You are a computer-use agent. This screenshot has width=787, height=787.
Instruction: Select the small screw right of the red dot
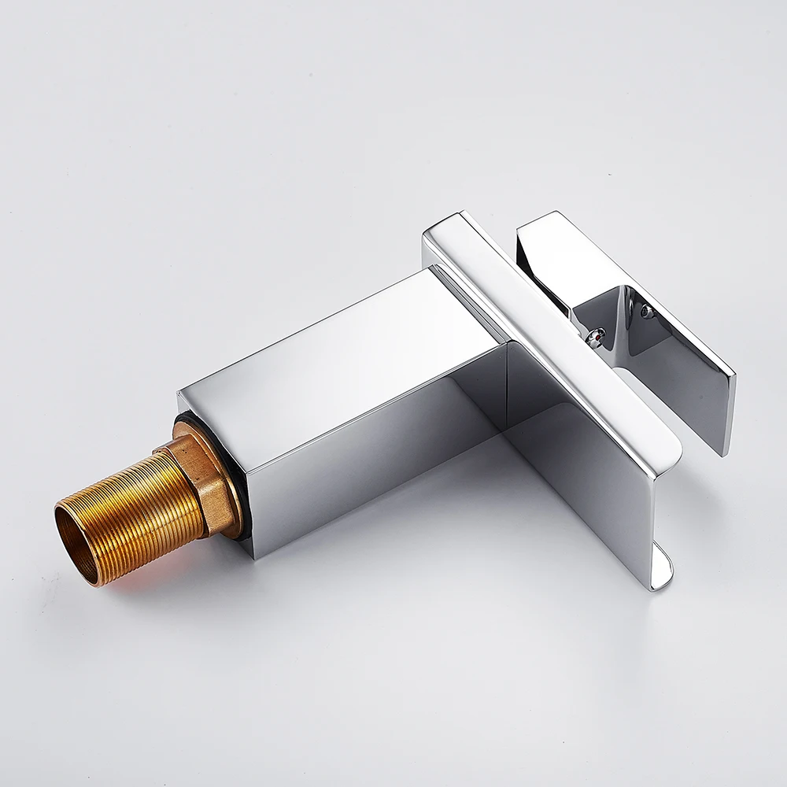(x=647, y=312)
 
